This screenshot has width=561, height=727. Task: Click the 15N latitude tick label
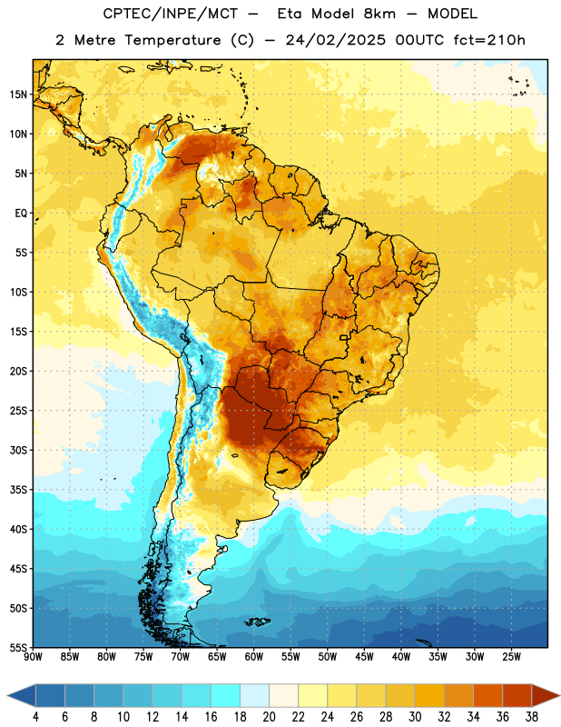click(18, 95)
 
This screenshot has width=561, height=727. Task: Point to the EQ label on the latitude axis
click(21, 214)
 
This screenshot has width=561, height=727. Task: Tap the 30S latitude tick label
click(18, 450)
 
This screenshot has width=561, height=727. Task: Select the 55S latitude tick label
click(18, 647)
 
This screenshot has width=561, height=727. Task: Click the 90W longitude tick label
click(33, 656)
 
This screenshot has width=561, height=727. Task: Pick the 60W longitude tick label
click(254, 656)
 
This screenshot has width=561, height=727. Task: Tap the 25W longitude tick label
click(511, 656)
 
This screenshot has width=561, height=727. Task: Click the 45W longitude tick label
click(364, 656)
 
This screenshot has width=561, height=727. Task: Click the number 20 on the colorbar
click(269, 717)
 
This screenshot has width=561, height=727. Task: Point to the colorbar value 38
click(531, 717)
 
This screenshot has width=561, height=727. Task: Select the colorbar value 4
click(35, 717)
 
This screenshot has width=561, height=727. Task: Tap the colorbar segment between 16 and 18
click(226, 695)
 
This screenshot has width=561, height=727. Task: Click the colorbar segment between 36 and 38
click(517, 695)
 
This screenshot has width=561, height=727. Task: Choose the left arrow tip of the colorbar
click(7, 695)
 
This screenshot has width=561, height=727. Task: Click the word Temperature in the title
click(172, 40)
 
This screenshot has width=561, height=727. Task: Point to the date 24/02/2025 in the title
click(335, 40)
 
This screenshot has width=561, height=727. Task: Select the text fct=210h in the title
click(489, 40)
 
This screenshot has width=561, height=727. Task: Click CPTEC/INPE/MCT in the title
click(171, 14)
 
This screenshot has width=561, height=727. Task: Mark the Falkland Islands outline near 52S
click(258, 622)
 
